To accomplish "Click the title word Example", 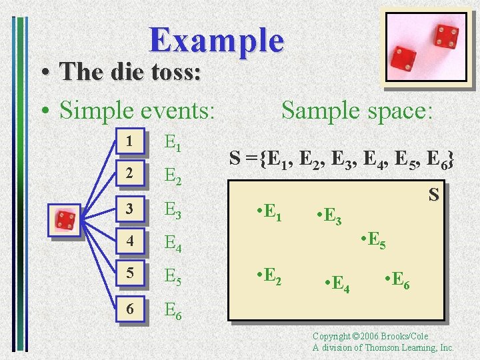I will [x=217, y=40].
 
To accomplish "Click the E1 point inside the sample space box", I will [x=269, y=213].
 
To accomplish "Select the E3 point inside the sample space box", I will [x=329, y=217].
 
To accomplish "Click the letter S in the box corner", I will [x=433, y=195].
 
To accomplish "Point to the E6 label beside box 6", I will [x=173, y=309].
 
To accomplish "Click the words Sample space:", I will [x=357, y=110].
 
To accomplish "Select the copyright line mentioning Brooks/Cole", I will [x=371, y=337].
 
